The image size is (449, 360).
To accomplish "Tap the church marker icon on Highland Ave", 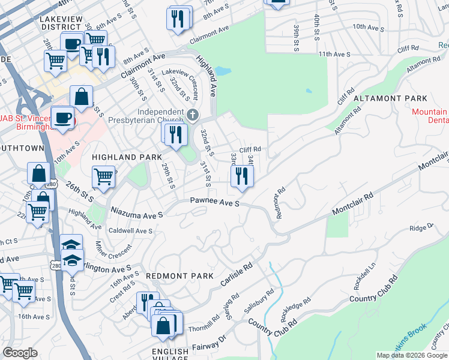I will coord(192,115).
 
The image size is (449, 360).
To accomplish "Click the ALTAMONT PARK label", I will coord(390,98).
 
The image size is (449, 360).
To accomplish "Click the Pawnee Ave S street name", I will coord(215,203).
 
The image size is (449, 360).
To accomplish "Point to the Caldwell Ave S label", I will coord(130,230).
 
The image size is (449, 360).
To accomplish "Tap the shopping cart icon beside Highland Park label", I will coord(103,178).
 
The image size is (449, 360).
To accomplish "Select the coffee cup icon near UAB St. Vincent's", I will coord(62,118).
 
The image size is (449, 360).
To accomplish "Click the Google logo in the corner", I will coord(20,353).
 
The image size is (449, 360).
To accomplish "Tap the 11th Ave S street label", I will coord(334,54).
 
